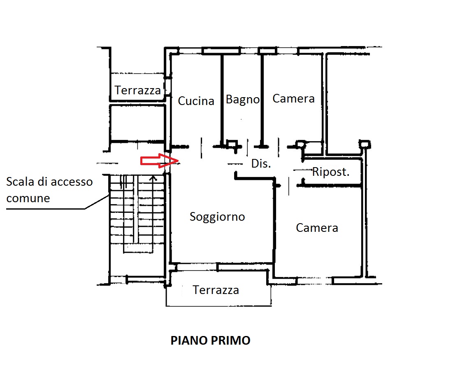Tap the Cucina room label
[x=196, y=101]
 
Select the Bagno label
[x=243, y=100]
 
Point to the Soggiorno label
[x=217, y=217]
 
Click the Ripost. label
[x=331, y=172]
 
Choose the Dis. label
[x=261, y=163]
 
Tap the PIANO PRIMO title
[x=211, y=341]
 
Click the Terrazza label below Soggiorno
[x=216, y=290]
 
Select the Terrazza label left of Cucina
[x=137, y=90]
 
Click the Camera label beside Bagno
[x=294, y=98]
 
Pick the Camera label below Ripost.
[x=317, y=228]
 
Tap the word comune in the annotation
[x=28, y=198]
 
